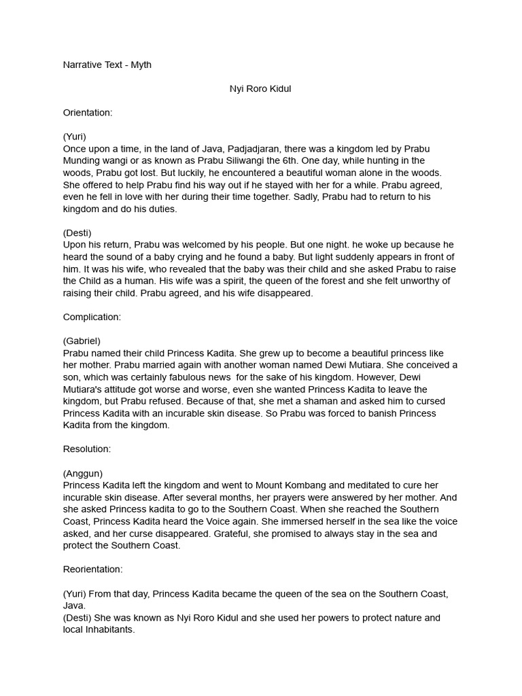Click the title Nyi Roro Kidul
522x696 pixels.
point(260,89)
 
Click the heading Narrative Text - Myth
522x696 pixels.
point(107,65)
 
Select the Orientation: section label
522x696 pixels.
point(88,113)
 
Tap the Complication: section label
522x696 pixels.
point(92,317)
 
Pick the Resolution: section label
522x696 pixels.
point(87,449)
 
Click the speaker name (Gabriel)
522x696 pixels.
point(82,341)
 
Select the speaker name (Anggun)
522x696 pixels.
point(83,473)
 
